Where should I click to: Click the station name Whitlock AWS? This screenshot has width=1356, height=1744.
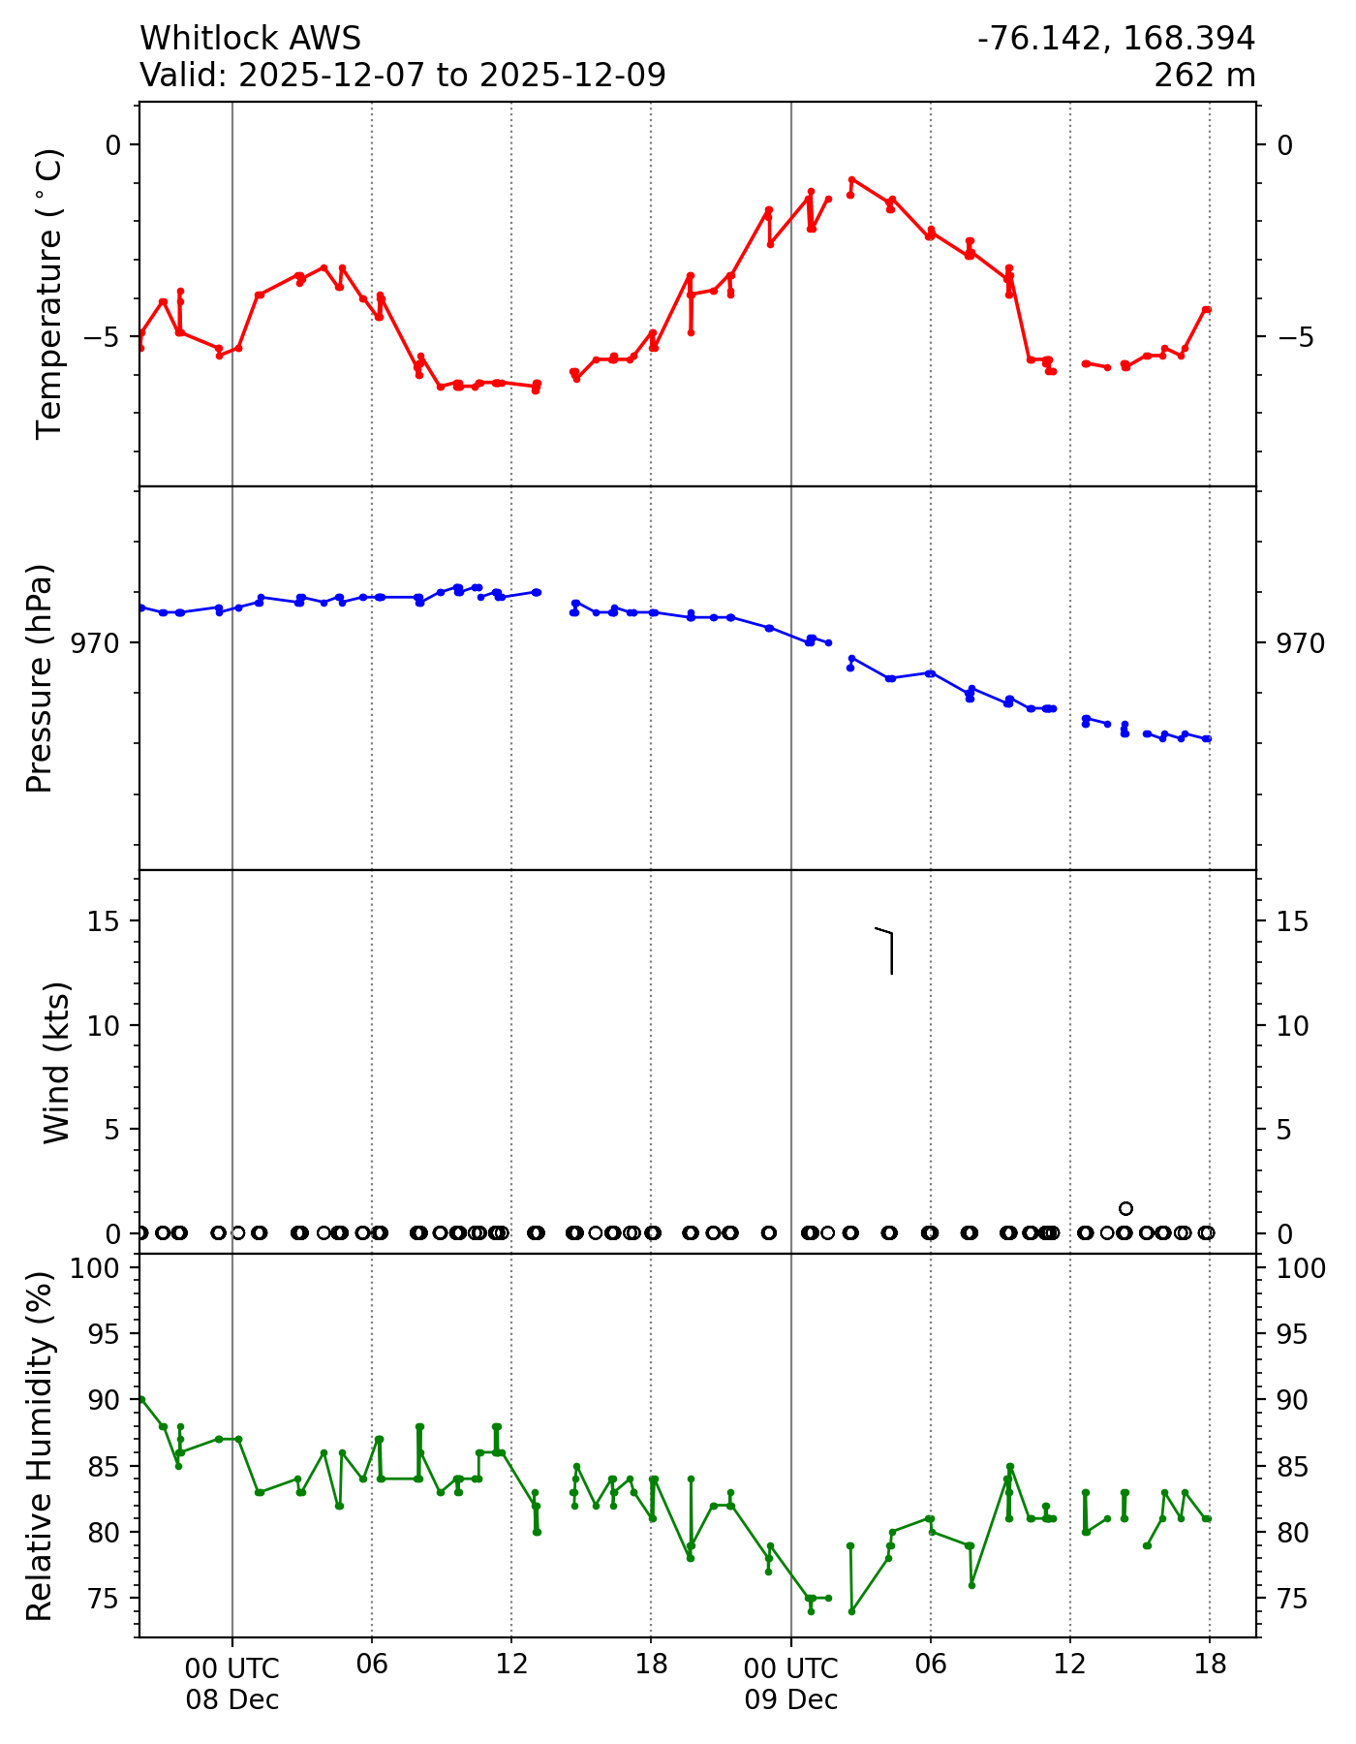tap(250, 39)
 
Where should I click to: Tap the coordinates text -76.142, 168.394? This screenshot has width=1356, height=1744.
tap(1116, 39)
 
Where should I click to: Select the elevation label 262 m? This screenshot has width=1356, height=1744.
tap(1204, 75)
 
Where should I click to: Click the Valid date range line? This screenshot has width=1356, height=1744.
tap(403, 75)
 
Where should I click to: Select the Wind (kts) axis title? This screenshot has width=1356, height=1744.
tap(56, 1062)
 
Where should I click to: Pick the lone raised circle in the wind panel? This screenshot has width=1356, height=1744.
tap(1125, 1208)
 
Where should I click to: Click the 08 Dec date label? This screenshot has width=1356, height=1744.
tap(232, 1699)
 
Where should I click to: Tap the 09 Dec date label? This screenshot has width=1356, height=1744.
tap(791, 1699)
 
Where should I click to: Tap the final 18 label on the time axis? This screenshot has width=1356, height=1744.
tap(1210, 1665)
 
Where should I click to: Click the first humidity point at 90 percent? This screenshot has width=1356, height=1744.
tap(141, 1399)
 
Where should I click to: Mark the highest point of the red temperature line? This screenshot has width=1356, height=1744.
tap(851, 179)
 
